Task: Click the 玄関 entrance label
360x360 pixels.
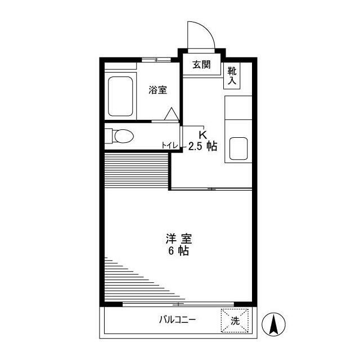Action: point(201,65)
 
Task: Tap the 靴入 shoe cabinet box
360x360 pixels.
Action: point(232,76)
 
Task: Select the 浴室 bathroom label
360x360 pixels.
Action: point(157,90)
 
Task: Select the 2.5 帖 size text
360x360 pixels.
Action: point(203,146)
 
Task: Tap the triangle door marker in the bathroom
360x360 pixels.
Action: point(171,114)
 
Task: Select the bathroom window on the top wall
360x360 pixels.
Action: point(156,59)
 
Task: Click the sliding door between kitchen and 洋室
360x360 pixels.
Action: point(211,189)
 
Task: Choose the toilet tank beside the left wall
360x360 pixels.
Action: point(109,136)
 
